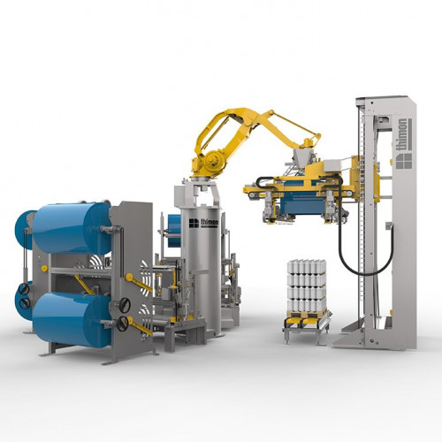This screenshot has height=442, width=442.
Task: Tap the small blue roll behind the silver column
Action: [174, 231]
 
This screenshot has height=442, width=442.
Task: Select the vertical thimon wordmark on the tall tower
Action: [403, 134]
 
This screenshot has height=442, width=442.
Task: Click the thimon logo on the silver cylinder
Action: [203, 223]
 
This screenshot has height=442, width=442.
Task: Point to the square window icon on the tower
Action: [404, 161]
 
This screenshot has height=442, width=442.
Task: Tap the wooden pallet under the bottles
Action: [307, 314]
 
